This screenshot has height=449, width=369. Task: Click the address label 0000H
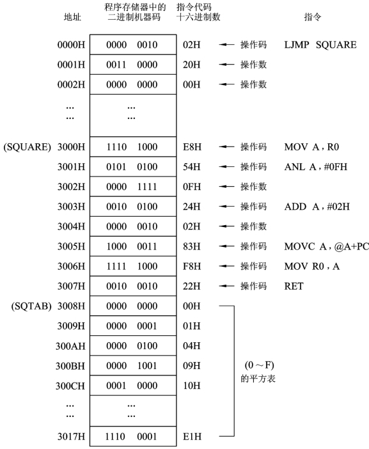(71, 45)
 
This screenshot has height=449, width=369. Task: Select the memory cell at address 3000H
(133, 146)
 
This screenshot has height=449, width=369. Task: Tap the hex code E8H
(192, 147)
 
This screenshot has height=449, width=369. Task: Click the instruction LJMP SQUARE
(320, 45)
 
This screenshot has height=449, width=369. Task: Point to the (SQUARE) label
(27, 147)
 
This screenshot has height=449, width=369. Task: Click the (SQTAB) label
(31, 306)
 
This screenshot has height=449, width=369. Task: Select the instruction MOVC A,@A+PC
(326, 246)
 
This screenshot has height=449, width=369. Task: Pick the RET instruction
(294, 286)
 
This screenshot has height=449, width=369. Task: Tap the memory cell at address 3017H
(133, 436)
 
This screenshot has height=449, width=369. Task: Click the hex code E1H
(192, 436)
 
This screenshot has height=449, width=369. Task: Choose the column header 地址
(72, 17)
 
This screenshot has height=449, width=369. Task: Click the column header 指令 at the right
(312, 17)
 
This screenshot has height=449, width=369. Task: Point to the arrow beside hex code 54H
(226, 167)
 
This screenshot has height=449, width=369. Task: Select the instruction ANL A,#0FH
(316, 167)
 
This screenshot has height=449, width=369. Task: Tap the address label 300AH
(70, 346)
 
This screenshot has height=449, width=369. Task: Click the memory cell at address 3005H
(133, 246)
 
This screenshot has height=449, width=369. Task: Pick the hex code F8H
(192, 266)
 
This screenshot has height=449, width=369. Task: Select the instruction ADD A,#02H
(317, 207)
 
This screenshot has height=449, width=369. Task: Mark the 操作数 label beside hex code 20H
(253, 65)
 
